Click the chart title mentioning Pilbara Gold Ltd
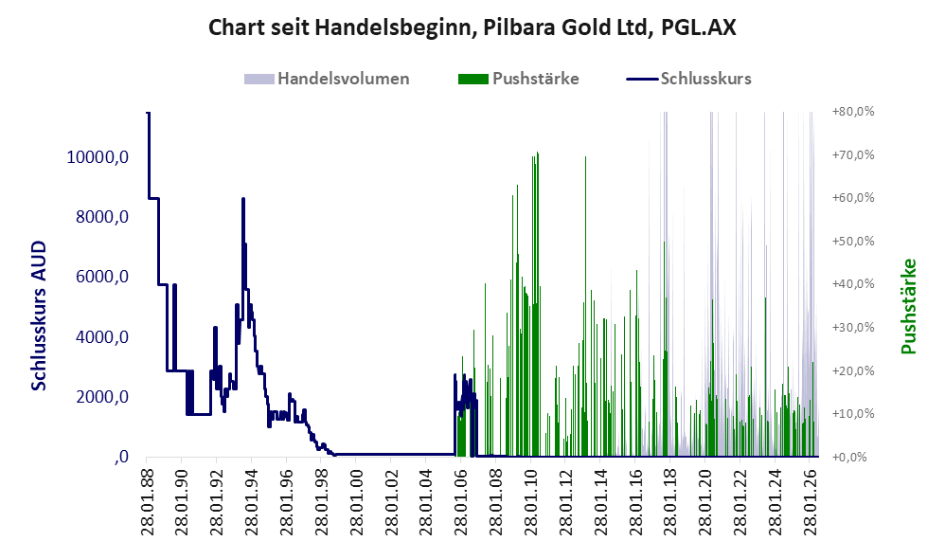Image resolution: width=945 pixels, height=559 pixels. [472, 27]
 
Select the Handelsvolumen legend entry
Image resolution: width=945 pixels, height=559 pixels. [327, 79]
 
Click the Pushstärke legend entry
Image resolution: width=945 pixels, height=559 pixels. [518, 79]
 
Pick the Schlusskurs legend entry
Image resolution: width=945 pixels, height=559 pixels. [688, 79]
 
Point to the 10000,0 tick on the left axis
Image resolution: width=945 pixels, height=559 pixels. [98, 156]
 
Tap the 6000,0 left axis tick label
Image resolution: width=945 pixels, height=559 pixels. [102, 277]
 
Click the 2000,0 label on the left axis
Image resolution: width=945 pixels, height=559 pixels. [102, 397]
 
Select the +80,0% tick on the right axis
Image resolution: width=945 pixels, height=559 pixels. [853, 112]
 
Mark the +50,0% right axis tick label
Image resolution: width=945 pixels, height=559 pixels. [853, 242]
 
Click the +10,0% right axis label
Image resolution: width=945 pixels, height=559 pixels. [853, 414]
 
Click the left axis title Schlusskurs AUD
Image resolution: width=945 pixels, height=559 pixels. [39, 316]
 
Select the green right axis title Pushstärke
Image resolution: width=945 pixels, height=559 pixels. [908, 306]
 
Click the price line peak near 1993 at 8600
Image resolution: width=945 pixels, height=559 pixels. [243, 199]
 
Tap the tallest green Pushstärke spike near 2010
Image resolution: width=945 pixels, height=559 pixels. [537, 153]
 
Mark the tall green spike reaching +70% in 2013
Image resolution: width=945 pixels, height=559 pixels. [585, 157]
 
